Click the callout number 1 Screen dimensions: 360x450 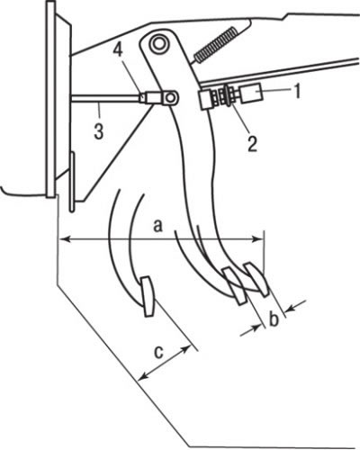point(296,91)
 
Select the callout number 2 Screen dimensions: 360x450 point(251,144)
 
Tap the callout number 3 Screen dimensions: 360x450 point(99,131)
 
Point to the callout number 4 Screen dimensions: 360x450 point(118,50)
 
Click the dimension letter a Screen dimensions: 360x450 point(157,225)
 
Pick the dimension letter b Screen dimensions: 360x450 point(274,319)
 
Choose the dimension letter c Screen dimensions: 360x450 point(158,352)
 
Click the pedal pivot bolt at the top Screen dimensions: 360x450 point(157,43)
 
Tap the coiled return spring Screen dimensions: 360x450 point(215,45)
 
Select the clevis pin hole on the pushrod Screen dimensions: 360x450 point(171,97)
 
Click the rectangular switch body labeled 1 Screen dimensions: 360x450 point(250,93)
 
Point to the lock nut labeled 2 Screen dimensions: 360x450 point(229,96)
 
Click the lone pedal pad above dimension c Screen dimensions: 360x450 point(148,296)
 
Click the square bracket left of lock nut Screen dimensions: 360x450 point(205,99)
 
